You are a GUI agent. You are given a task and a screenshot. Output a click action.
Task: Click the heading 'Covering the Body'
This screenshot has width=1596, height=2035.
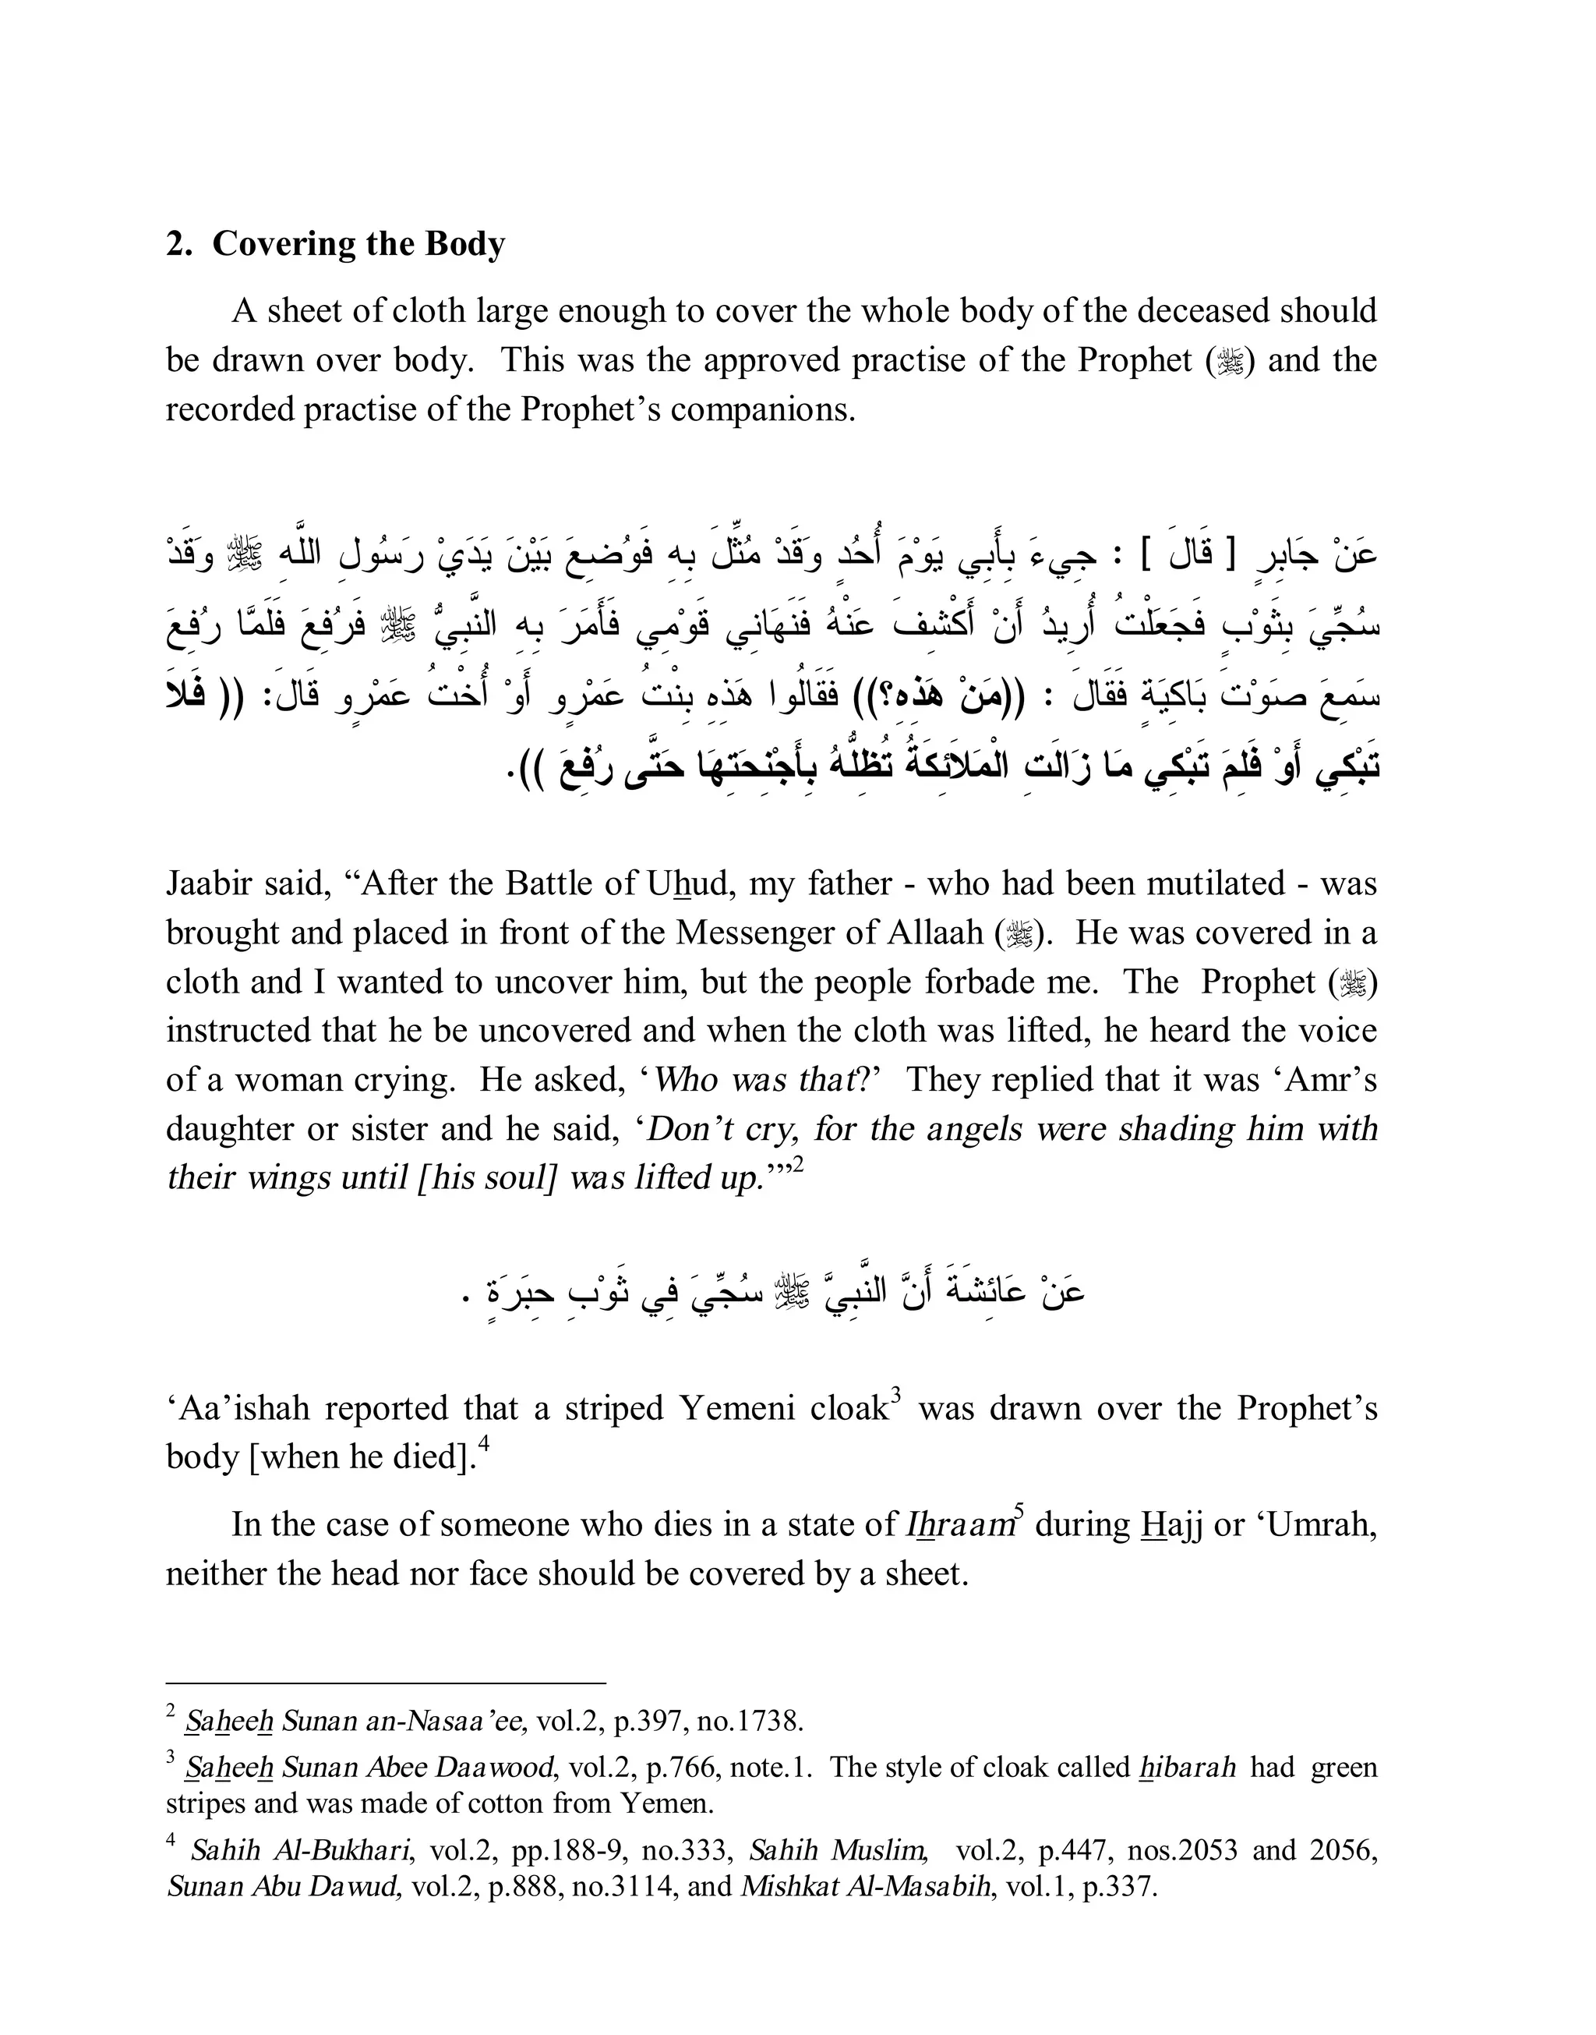click(358, 244)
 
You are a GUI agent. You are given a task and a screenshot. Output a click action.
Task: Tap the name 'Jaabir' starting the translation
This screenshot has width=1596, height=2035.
click(208, 883)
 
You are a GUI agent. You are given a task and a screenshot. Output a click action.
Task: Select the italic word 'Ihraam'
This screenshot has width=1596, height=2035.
click(958, 1524)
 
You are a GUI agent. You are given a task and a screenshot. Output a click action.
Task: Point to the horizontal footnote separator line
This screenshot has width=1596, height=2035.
click(386, 1683)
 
